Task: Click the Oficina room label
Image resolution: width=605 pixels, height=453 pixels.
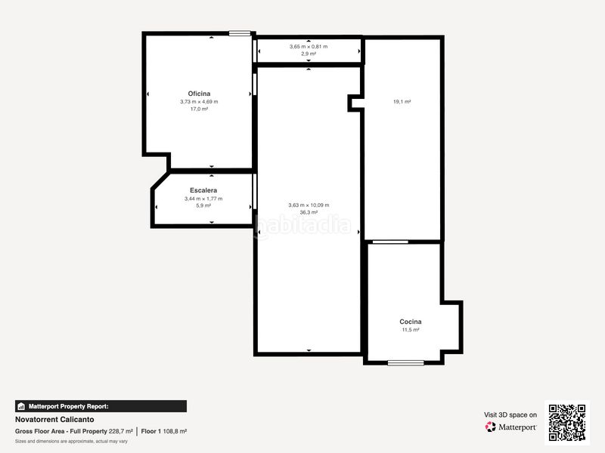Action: tap(199, 94)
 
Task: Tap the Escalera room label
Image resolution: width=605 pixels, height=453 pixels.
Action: tap(203, 190)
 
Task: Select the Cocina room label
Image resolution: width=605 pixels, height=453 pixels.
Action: tap(411, 322)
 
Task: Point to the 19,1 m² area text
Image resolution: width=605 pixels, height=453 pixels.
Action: tap(402, 102)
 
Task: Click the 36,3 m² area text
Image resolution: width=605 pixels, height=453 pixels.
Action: tap(309, 212)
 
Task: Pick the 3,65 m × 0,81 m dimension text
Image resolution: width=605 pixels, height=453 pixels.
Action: tap(309, 47)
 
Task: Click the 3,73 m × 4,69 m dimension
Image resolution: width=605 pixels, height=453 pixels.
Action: tap(199, 102)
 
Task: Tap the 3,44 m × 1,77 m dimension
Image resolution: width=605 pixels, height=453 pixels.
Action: tap(203, 199)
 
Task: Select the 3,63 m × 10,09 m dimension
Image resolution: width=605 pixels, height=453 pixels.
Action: tap(309, 205)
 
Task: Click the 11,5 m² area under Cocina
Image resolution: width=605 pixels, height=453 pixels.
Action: tap(411, 330)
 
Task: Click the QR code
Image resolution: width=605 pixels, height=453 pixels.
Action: tap(567, 423)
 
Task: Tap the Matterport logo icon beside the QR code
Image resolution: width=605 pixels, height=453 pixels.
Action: tap(490, 427)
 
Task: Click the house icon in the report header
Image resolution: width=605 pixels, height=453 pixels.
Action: tap(21, 406)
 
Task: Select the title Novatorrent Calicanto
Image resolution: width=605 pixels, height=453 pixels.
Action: tap(54, 419)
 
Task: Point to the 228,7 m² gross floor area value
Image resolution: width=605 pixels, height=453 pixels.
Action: tap(121, 431)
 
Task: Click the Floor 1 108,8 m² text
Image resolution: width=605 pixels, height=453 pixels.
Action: tap(164, 431)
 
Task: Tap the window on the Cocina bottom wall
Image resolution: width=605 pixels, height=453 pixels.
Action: tap(406, 363)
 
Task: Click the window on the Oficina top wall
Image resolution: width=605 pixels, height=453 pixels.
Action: tap(240, 33)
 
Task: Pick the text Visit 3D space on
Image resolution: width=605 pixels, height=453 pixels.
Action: tap(510, 414)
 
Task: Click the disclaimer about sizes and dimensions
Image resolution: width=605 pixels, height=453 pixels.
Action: tap(71, 442)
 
